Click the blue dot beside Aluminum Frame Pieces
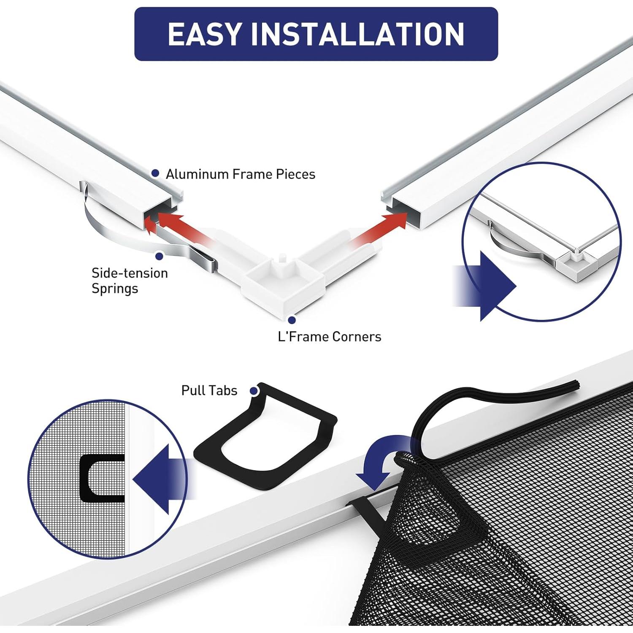[155, 173]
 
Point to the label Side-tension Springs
[130, 281]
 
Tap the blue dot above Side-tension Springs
[160, 256]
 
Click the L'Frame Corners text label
[329, 337]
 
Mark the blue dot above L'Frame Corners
[292, 320]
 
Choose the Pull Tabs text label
[209, 390]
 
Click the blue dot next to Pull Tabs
[254, 391]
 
